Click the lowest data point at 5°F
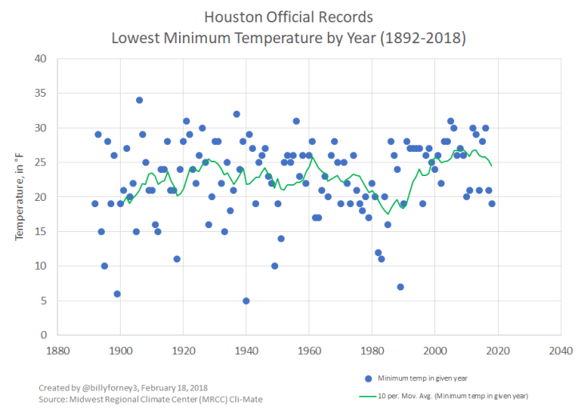click(246, 301)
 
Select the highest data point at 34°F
click(139, 100)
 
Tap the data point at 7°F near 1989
click(401, 287)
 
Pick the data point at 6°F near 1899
click(118, 294)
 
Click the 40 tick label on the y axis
click(40, 59)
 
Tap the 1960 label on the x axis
click(309, 350)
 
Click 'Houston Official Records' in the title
click(288, 17)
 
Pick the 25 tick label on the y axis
click(40, 162)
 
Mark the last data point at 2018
click(492, 203)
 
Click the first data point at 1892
click(95, 203)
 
